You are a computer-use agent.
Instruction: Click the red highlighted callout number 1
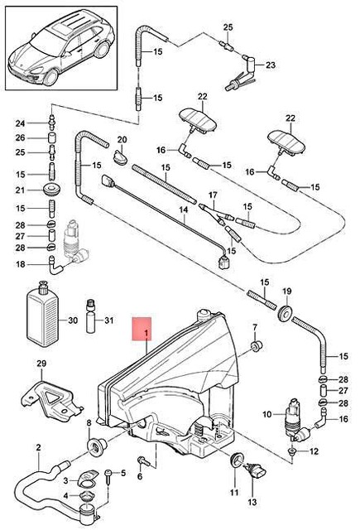(x=146, y=334)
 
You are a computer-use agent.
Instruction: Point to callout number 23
(x=271, y=64)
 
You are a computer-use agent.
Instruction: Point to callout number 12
(x=314, y=451)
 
